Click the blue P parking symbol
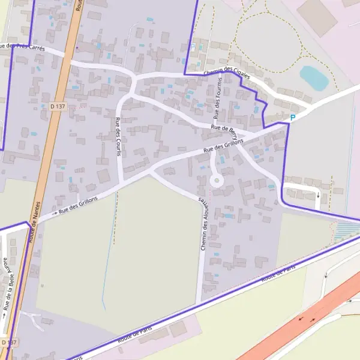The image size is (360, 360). click(293, 118)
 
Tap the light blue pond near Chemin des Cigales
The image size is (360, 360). click(314, 77)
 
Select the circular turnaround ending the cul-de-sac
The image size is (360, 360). click(216, 180)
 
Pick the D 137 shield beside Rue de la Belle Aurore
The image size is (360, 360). click(9, 341)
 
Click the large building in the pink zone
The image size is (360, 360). click(317, 16)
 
